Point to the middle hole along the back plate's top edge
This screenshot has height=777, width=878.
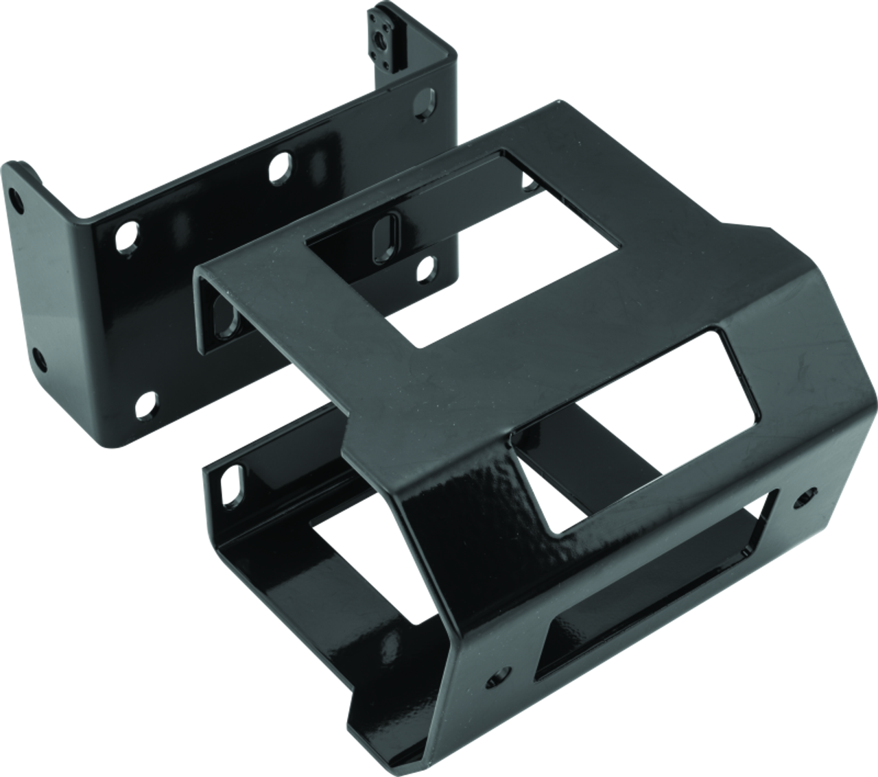coord(279,169)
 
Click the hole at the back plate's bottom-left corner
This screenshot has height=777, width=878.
coord(146,405)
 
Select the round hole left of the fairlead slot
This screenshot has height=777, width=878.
coord(495,678)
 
